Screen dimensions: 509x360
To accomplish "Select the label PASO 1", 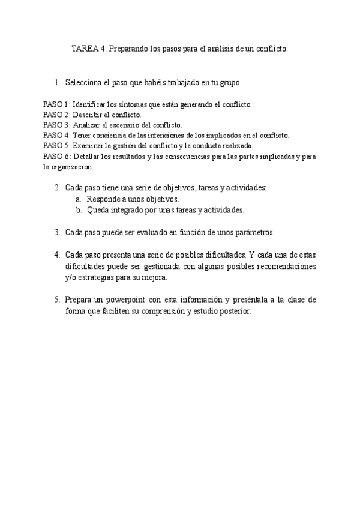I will coord(56,104).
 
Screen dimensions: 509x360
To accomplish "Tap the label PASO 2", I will coord(56,114).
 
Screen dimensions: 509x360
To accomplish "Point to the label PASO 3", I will coord(56,125).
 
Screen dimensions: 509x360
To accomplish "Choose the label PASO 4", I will coord(56,135).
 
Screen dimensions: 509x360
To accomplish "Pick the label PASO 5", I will coord(56,145).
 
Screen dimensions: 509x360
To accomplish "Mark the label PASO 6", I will coord(56,156).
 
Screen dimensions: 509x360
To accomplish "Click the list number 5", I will coord(57,299).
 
